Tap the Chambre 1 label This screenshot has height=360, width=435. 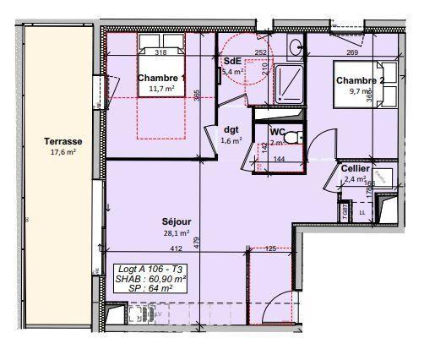tap(160, 78)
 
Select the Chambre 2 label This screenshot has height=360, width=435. tap(360, 81)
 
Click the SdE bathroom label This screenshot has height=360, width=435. tap(233, 62)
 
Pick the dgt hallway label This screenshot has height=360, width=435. tap(231, 129)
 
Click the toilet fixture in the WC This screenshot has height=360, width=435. tap(291, 137)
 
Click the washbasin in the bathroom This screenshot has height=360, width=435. tap(295, 47)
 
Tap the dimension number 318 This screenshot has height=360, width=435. tap(161, 52)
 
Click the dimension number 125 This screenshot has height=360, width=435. tap(271, 248)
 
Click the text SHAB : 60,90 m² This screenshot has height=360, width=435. tap(151, 278)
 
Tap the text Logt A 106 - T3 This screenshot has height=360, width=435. tap(149, 268)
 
